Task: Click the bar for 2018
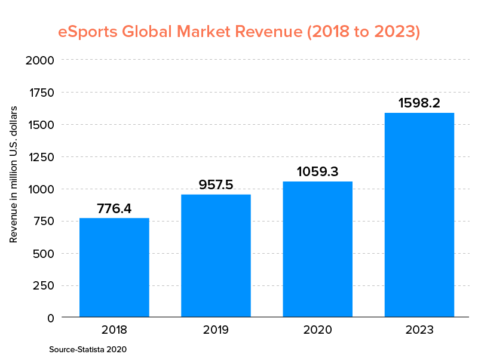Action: [x=114, y=267]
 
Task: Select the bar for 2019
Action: [x=216, y=256]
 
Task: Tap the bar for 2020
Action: [x=317, y=249]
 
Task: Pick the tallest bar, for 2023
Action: [x=419, y=214]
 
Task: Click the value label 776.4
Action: [x=114, y=209]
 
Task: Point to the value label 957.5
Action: [x=216, y=185]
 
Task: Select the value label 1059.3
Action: [x=317, y=172]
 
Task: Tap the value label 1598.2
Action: [x=419, y=103]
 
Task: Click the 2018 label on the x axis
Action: [x=114, y=330]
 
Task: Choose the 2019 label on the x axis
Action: [x=216, y=330]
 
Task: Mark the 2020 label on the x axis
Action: [x=317, y=330]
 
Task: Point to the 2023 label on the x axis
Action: [x=419, y=330]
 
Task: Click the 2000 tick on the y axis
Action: [x=41, y=60]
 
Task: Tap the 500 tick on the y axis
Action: [x=44, y=254]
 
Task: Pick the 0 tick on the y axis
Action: [x=50, y=318]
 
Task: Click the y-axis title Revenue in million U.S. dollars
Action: [x=14, y=174]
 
